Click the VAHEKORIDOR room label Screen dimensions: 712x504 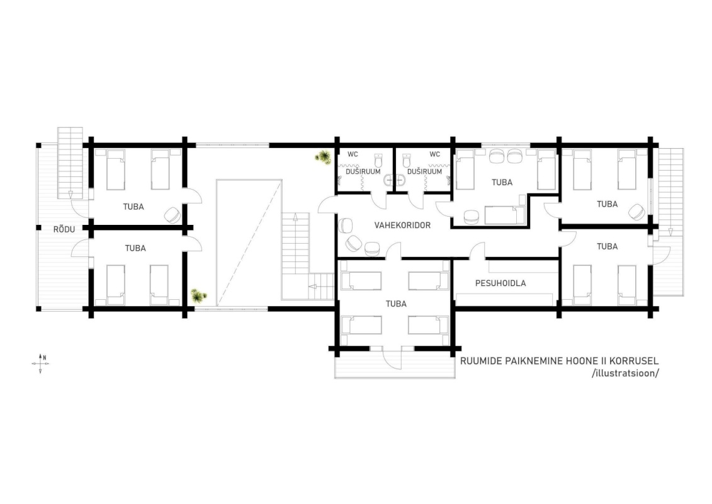[402, 225]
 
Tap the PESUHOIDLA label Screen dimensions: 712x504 [500, 283]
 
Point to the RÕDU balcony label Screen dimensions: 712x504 [64, 229]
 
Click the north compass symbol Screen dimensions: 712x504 [40, 364]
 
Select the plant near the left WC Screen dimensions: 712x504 [324, 157]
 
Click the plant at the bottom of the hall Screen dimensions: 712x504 [198, 296]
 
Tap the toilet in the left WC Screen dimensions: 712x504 [379, 161]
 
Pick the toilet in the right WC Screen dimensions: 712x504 [407, 161]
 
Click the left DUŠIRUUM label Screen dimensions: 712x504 [363, 172]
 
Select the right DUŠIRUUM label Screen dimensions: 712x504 [424, 172]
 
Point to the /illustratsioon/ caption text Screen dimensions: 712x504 [625, 373]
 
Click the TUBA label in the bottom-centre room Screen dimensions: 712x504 [396, 304]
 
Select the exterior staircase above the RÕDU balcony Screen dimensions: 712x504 [71, 163]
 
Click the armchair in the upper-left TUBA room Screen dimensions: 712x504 [173, 214]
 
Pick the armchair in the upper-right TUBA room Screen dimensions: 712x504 [637, 211]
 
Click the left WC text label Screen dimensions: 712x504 [353, 154]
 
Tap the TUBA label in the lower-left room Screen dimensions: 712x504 [135, 248]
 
